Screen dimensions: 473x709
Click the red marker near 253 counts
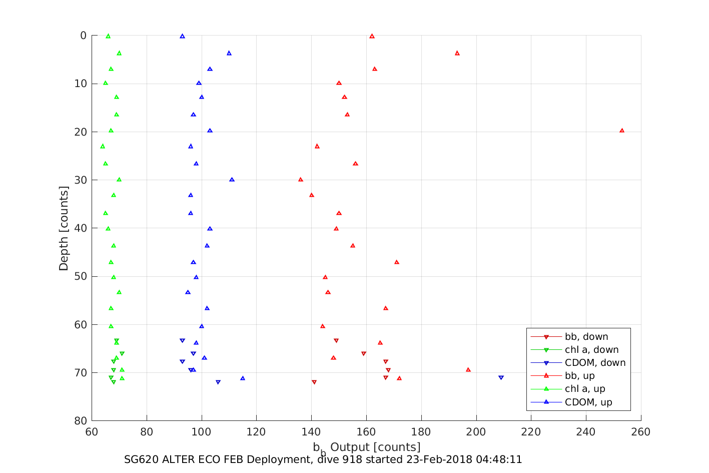click(622, 131)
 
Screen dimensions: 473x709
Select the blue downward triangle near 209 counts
click(501, 377)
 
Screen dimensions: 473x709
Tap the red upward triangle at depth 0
click(372, 36)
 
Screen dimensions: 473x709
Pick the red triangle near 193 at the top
click(457, 53)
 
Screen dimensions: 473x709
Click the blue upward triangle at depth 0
click(182, 36)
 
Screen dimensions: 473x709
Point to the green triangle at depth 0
click(108, 36)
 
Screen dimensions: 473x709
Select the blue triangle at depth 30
click(232, 180)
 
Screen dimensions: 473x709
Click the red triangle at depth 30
click(301, 180)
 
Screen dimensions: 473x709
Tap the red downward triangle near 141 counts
click(314, 382)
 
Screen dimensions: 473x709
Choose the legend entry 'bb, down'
click(586, 337)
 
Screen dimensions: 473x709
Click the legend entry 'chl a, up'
click(584, 389)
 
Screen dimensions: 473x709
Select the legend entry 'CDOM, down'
click(594, 363)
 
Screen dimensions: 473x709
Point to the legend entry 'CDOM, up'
click(588, 402)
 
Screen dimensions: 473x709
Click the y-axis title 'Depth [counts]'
click(64, 228)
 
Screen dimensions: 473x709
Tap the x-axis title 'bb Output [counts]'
click(366, 447)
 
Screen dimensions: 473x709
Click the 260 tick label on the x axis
click(641, 432)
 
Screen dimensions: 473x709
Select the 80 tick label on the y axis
click(81, 421)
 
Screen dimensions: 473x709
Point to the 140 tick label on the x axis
click(311, 432)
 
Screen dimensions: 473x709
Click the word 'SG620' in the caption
click(141, 459)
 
